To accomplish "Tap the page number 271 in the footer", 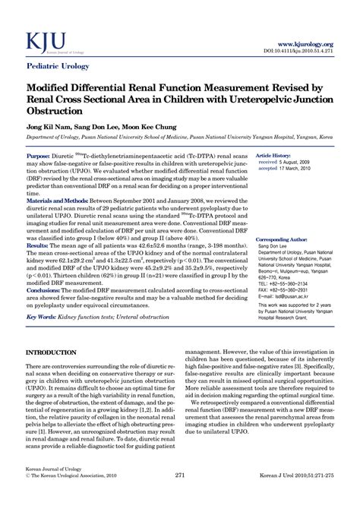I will pyautogui.click(x=180, y=496).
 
